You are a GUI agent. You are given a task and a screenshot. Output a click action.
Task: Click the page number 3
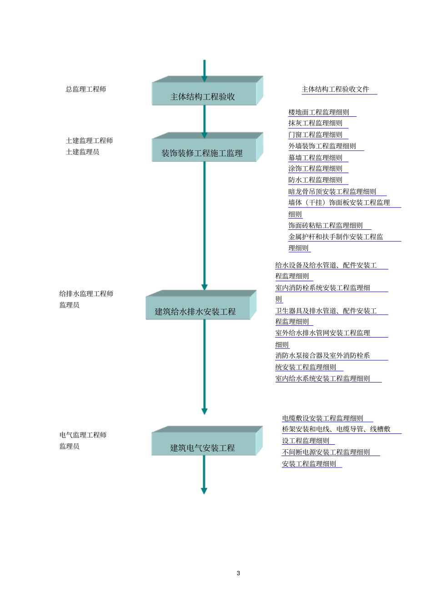point(238,573)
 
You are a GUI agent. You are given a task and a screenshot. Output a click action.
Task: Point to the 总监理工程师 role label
point(86,89)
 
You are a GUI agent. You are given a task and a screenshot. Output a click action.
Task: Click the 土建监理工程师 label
point(89,141)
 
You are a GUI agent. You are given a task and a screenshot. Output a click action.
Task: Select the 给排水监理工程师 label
point(86,294)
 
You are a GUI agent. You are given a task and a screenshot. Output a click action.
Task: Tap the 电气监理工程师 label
point(83,435)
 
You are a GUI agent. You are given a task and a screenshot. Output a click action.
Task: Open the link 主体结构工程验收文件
point(336,89)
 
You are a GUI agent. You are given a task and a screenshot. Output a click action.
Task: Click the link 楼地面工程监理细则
point(319,112)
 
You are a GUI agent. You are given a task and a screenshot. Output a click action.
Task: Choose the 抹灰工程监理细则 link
point(315,123)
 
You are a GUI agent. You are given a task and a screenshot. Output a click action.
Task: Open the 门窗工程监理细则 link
point(315,135)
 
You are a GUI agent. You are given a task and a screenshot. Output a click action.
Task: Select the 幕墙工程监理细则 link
point(315,158)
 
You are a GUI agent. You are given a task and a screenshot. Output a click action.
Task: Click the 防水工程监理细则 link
point(315,180)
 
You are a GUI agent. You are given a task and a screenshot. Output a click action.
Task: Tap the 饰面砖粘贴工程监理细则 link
point(326,225)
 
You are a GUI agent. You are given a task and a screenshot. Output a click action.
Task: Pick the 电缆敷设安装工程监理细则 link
point(322,418)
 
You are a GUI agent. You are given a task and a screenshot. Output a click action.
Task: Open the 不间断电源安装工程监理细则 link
point(326,452)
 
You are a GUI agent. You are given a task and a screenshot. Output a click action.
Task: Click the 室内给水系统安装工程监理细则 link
point(322,379)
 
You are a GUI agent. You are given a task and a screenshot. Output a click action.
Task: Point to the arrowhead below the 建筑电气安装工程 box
point(204,491)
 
